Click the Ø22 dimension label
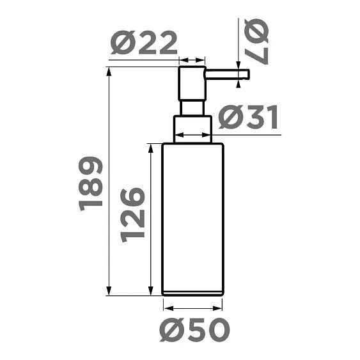(144, 43)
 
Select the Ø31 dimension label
(248, 118)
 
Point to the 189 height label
(91, 183)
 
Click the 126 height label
(133, 215)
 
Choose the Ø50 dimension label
(194, 329)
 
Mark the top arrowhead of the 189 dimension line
(110, 71)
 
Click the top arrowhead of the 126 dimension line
(151, 148)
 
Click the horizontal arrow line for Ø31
(192, 136)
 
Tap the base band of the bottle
(192, 293)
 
